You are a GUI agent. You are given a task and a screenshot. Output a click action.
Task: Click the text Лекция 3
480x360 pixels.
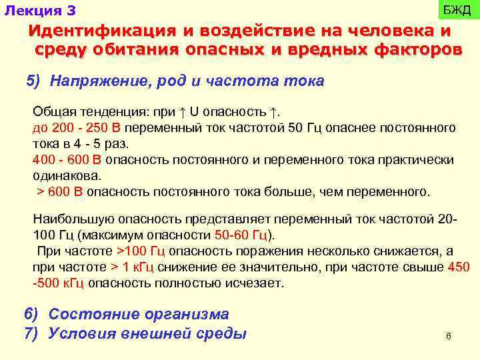click(40, 11)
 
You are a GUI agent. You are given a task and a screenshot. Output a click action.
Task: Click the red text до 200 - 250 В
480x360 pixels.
click(77, 127)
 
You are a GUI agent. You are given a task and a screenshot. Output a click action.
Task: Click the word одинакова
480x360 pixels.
click(67, 176)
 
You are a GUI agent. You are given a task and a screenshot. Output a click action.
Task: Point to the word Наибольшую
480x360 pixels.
click(73, 219)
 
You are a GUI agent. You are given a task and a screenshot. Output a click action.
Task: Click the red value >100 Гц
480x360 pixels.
click(141, 251)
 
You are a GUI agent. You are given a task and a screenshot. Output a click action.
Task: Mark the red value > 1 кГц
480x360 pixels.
click(134, 267)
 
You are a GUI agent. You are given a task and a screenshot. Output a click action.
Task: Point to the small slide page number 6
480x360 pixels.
click(448, 337)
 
